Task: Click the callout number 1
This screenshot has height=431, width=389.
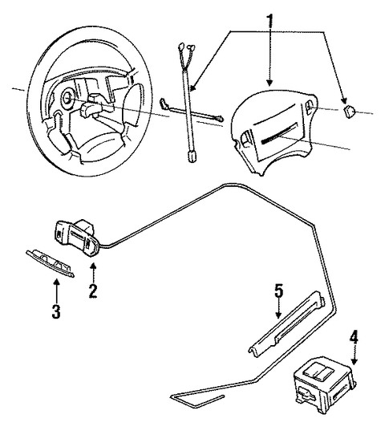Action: point(270,21)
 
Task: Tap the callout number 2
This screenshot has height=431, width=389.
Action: point(93,291)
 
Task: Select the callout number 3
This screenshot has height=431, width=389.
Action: point(56,311)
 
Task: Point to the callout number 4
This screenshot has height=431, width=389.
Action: point(354,337)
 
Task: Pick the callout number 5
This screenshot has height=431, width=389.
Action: point(278,291)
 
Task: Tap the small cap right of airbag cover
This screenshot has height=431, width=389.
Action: point(349,112)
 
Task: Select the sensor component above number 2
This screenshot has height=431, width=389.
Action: point(78,238)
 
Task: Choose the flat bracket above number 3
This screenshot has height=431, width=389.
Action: point(50,263)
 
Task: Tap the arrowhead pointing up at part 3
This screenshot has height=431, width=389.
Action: point(57,282)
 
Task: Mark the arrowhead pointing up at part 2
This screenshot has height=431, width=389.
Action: point(93,266)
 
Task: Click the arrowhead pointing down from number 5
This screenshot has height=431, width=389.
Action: point(278,315)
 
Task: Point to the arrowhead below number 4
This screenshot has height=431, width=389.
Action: point(355,361)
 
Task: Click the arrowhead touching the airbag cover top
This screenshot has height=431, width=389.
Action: point(270,83)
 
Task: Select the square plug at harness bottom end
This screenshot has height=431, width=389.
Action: point(191,157)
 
